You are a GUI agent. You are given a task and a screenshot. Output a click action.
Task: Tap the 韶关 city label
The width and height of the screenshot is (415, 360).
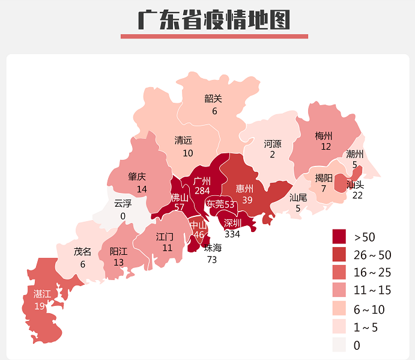213,99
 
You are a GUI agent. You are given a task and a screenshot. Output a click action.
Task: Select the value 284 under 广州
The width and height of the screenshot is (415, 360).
202,191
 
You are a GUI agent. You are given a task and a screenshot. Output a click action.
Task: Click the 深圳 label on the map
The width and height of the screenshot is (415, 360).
232,223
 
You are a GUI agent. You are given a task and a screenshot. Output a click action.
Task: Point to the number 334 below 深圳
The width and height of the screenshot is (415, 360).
232,234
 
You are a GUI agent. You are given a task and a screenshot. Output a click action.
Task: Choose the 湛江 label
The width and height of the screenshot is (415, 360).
42,294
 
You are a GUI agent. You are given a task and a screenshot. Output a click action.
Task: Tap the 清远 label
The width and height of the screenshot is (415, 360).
184,141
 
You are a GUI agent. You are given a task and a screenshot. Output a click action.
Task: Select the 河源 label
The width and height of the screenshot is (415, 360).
273,144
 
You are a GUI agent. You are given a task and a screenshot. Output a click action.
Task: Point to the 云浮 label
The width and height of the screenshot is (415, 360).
123,203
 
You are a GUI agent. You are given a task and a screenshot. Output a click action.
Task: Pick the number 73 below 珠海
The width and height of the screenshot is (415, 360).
212,260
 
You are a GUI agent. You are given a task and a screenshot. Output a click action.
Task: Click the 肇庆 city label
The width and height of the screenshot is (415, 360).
137,177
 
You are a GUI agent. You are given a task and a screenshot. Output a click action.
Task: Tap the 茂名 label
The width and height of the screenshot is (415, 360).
83,251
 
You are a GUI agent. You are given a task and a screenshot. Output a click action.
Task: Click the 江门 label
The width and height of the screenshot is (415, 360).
165,237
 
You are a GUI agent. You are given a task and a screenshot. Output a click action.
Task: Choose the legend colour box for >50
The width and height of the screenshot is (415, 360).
339,236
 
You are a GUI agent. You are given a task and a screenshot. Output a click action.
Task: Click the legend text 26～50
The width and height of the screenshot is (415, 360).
372,254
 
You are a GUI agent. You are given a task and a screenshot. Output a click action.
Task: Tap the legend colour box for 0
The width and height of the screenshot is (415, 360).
339,345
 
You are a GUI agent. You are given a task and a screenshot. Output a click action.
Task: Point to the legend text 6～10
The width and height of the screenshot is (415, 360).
369,310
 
